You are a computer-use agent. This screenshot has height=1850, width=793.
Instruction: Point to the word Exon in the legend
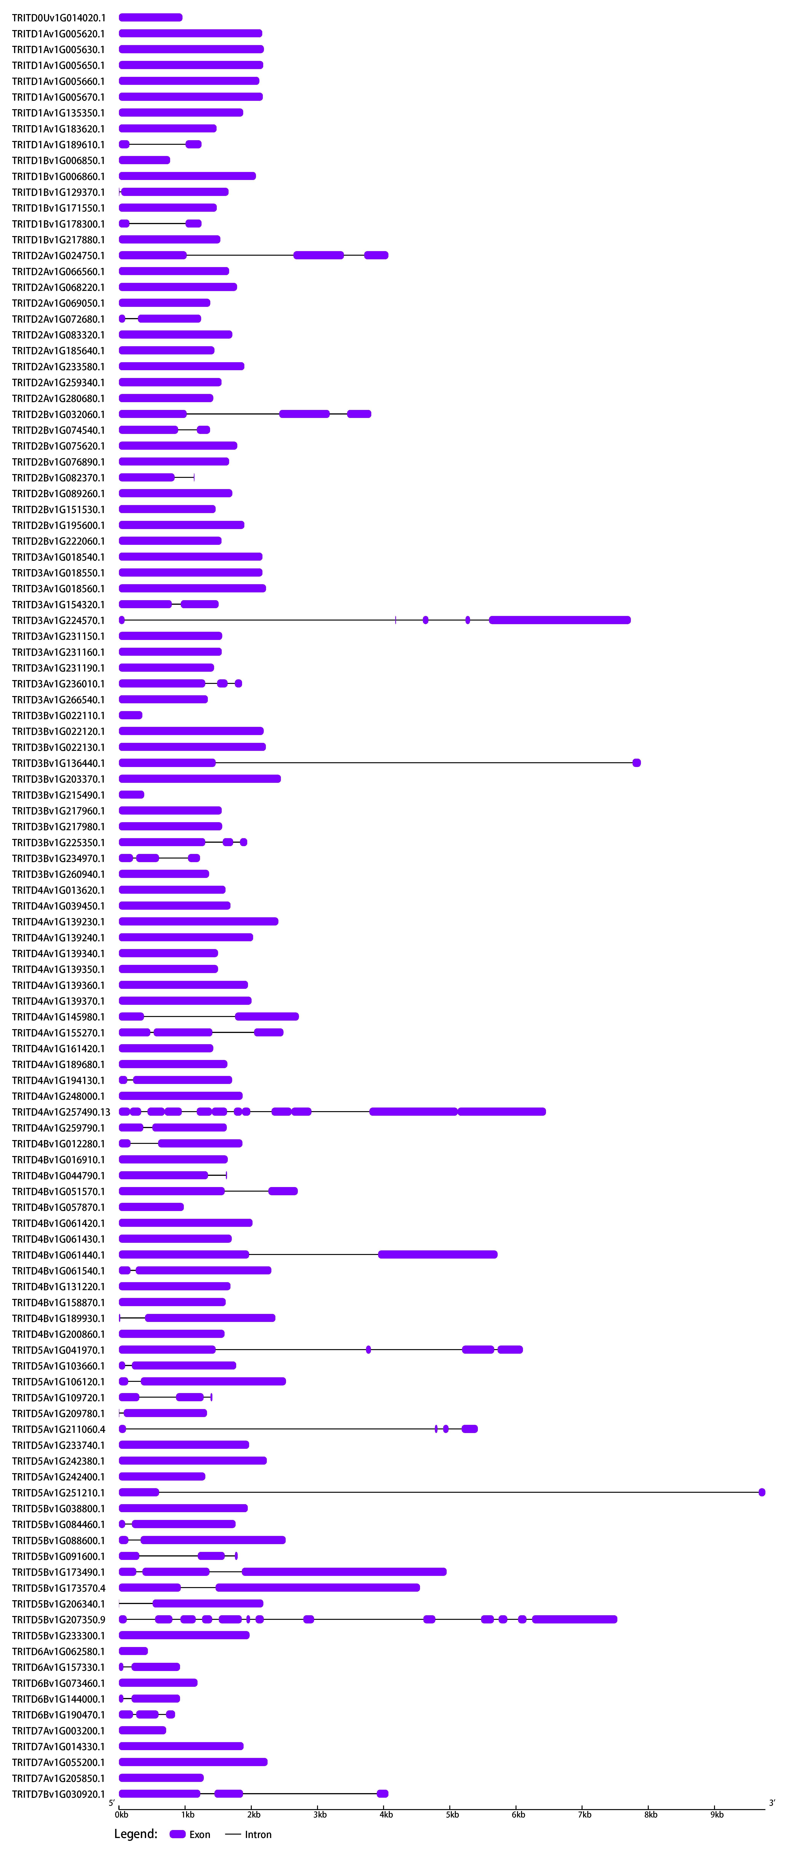click(200, 1834)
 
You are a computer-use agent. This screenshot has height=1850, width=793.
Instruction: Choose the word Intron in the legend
click(258, 1834)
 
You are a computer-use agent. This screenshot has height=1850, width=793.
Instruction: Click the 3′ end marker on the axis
click(772, 1803)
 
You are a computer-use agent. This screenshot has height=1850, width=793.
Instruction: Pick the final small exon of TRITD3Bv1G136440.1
click(636, 763)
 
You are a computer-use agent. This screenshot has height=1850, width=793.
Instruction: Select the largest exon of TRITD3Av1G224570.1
click(559, 621)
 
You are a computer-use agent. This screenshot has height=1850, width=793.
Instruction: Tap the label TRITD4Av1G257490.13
click(61, 1112)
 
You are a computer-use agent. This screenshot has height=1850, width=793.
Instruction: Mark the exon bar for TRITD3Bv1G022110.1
click(131, 715)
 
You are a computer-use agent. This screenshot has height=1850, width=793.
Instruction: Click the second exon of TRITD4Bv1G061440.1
click(438, 1255)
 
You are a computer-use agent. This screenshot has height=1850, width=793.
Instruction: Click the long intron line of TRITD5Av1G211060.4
click(280, 1429)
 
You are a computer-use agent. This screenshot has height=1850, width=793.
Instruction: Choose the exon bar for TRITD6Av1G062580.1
click(133, 1651)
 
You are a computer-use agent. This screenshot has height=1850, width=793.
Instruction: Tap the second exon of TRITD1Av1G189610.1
click(193, 144)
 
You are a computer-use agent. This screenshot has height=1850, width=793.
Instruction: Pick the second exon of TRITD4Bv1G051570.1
click(283, 1191)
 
